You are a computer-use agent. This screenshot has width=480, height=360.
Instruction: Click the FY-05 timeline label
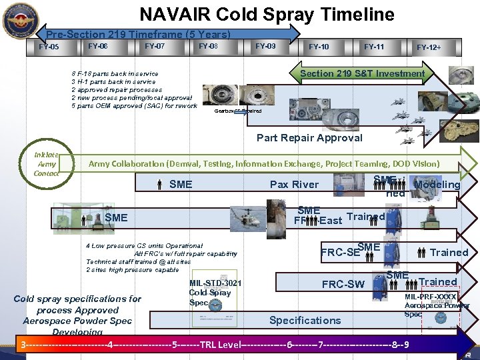49,47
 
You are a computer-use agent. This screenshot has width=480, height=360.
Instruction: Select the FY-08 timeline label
208,46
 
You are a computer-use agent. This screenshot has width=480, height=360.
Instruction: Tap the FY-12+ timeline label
429,47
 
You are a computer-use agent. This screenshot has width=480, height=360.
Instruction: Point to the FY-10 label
318,47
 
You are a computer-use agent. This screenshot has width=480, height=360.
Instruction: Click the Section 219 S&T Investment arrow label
362,73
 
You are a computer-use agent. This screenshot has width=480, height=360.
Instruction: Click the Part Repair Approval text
309,138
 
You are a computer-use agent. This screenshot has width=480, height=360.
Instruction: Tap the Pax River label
294,185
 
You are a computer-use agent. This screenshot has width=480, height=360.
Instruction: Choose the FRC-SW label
343,284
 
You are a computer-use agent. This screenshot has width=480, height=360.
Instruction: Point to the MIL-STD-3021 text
215,284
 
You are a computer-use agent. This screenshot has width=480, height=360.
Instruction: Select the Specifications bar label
305,320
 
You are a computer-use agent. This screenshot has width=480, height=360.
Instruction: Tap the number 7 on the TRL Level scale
321,345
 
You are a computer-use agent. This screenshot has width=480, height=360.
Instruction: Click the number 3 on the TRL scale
23,345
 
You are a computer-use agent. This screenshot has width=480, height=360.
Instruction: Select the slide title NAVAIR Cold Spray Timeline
267,15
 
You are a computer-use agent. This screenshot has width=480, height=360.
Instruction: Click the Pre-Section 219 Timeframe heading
138,34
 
